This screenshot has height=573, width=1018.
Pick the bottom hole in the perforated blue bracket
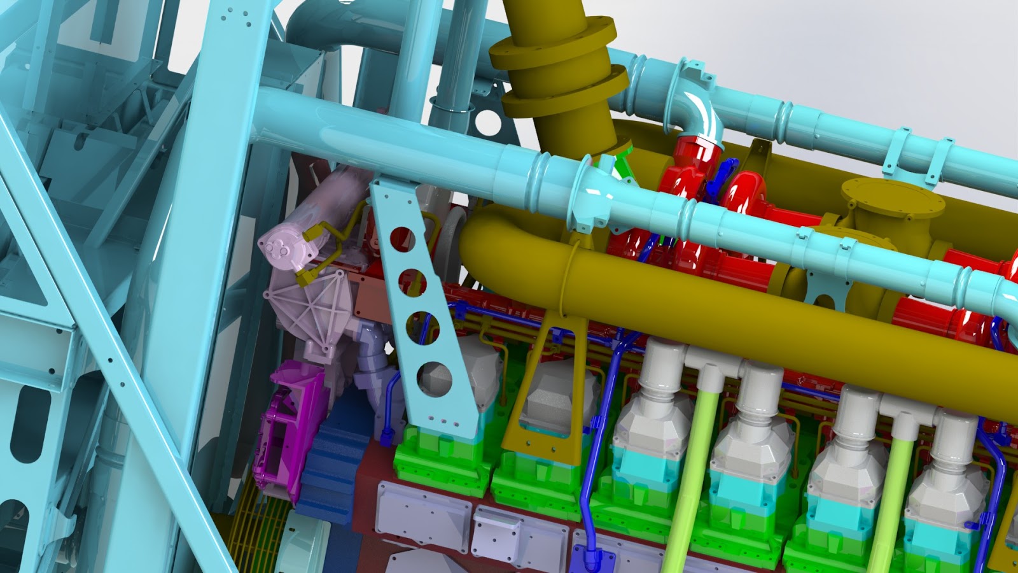click(x=435, y=378)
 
